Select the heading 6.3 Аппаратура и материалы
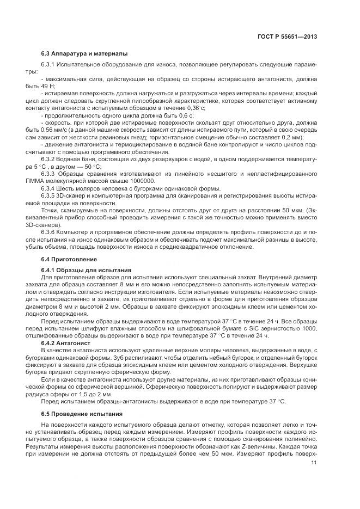(x=84, y=53)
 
